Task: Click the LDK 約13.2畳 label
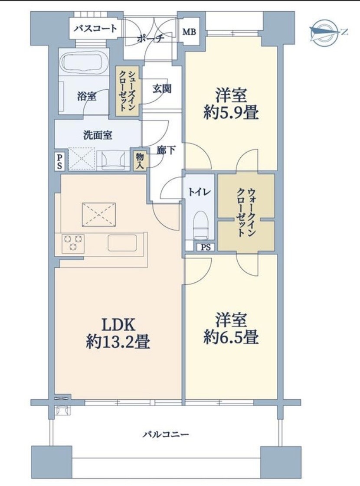(x=118, y=333)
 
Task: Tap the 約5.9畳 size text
(x=231, y=113)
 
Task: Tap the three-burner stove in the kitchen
(x=73, y=242)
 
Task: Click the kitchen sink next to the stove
(x=122, y=243)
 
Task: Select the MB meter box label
(x=189, y=32)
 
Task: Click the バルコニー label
(x=166, y=434)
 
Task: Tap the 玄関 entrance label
(x=162, y=89)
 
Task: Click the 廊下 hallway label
(x=166, y=150)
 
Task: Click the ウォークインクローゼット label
(x=246, y=212)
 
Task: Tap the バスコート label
(x=96, y=29)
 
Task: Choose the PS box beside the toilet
(x=206, y=247)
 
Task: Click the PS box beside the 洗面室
(x=59, y=161)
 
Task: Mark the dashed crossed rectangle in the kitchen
(x=98, y=214)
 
